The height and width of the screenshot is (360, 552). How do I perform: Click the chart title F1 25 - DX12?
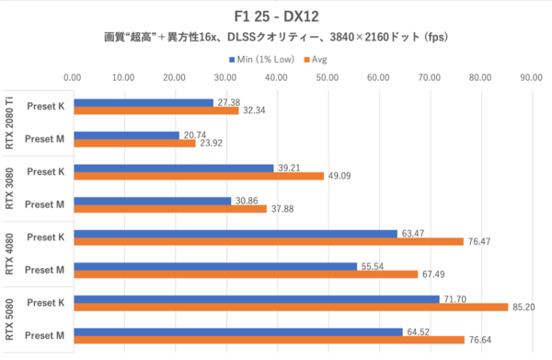275,17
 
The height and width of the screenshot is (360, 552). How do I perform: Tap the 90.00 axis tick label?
528,78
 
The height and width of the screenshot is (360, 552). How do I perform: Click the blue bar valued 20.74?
126,135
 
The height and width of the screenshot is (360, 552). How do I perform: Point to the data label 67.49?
432,273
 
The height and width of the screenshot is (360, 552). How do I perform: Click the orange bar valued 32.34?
155,110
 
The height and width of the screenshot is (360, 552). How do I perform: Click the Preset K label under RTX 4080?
45,237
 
